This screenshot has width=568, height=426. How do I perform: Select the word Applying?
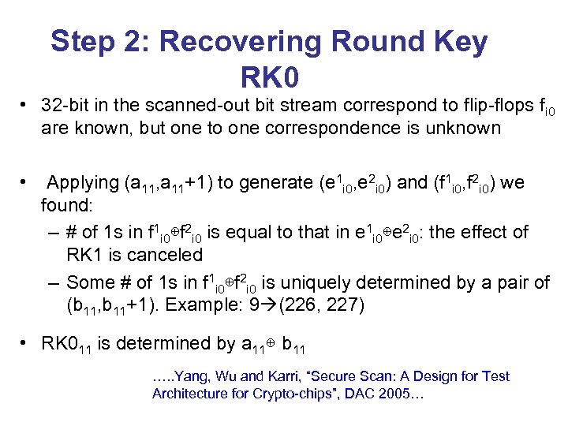(82, 183)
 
